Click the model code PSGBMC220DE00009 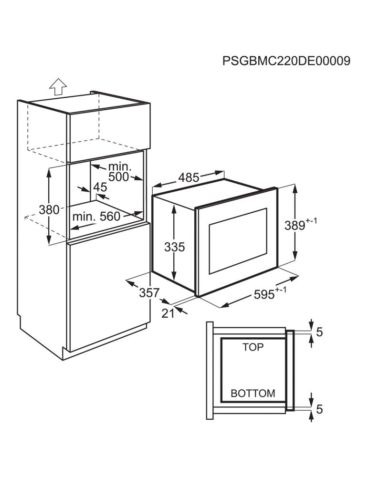tap(286, 61)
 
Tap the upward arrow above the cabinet tap(58, 87)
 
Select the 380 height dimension tap(49, 209)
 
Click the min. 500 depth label tap(119, 172)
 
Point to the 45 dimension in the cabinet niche tap(100, 187)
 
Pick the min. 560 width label tap(96, 216)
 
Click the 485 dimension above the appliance tap(189, 177)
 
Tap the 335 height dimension tap(174, 247)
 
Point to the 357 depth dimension tap(149, 293)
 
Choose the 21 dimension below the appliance tap(168, 313)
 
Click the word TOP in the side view tap(253, 347)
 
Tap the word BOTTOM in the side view tap(252, 394)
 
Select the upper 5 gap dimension tap(319, 332)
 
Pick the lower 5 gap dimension tap(319, 409)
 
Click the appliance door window tap(238, 240)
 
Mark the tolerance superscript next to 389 tap(311, 221)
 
